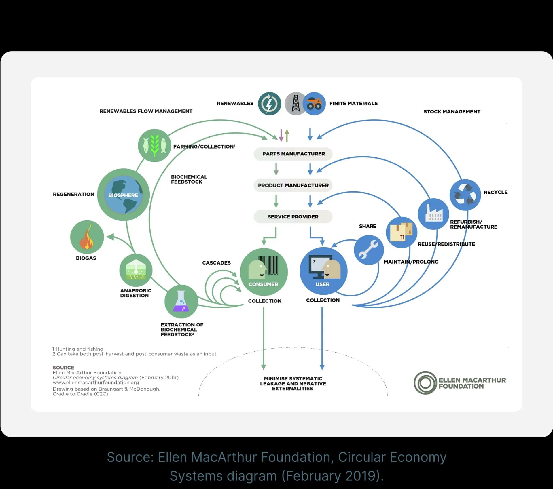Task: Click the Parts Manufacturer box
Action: point(293,154)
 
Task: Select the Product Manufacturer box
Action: point(293,185)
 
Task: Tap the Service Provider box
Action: point(293,217)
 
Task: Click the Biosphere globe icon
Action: point(123,195)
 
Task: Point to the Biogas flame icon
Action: point(87,237)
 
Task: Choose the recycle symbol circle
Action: point(465,195)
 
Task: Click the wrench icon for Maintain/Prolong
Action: point(368,250)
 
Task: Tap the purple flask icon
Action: point(181,301)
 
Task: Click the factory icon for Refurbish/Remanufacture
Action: point(433,214)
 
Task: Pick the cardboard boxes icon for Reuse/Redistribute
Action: point(402,232)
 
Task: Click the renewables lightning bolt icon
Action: point(269,104)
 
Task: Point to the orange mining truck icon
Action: point(314,104)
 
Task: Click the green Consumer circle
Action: point(264,272)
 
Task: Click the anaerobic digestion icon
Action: point(136,270)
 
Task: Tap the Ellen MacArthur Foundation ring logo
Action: point(425,383)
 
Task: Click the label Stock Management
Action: point(452,112)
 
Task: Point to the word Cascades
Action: point(216,263)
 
